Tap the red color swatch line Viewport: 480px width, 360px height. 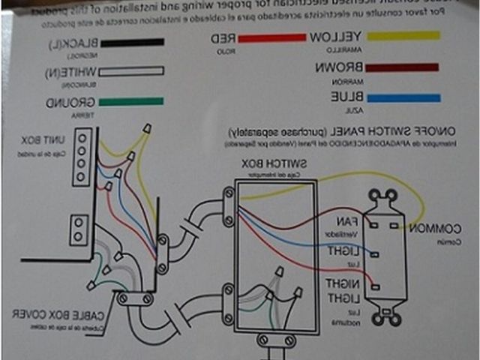pyautogui.click(x=274, y=37)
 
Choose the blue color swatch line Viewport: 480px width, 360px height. pyautogui.click(x=404, y=97)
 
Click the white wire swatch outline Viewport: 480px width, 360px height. pyautogui.click(x=134, y=73)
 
